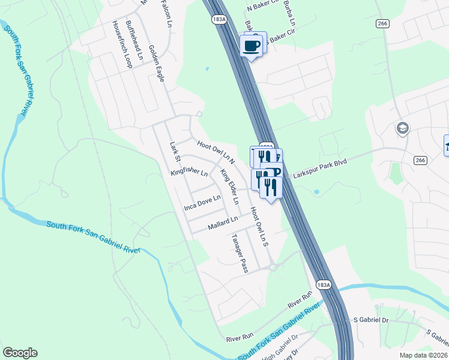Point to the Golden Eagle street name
coord(156,64)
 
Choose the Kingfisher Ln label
coord(189,172)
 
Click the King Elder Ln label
coord(229,187)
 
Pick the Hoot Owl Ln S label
coord(258,227)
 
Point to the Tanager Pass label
coord(240,253)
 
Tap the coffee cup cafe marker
coord(252,46)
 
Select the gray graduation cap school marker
coord(402,128)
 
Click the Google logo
coord(20,353)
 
